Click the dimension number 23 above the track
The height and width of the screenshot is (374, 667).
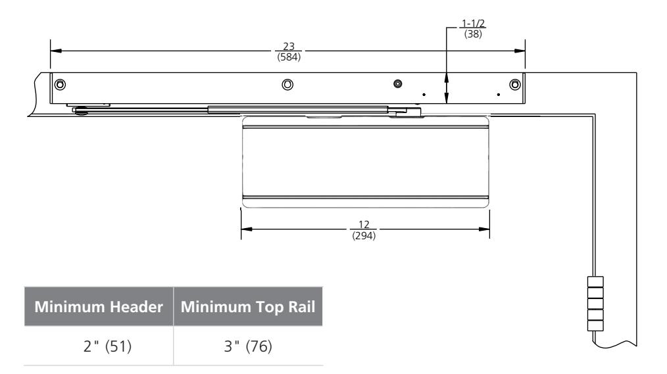(289, 46)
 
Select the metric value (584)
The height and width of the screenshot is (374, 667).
(289, 57)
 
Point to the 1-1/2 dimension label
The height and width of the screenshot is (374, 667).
(473, 24)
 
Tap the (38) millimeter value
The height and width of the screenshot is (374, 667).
(473, 34)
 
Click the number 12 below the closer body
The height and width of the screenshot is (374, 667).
(364, 224)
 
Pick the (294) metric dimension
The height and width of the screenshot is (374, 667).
(364, 235)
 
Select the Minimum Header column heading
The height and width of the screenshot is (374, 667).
(99, 307)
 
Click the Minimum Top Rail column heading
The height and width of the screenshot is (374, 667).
(248, 307)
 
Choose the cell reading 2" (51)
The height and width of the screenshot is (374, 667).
(108, 346)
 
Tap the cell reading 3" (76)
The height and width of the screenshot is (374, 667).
(248, 346)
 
